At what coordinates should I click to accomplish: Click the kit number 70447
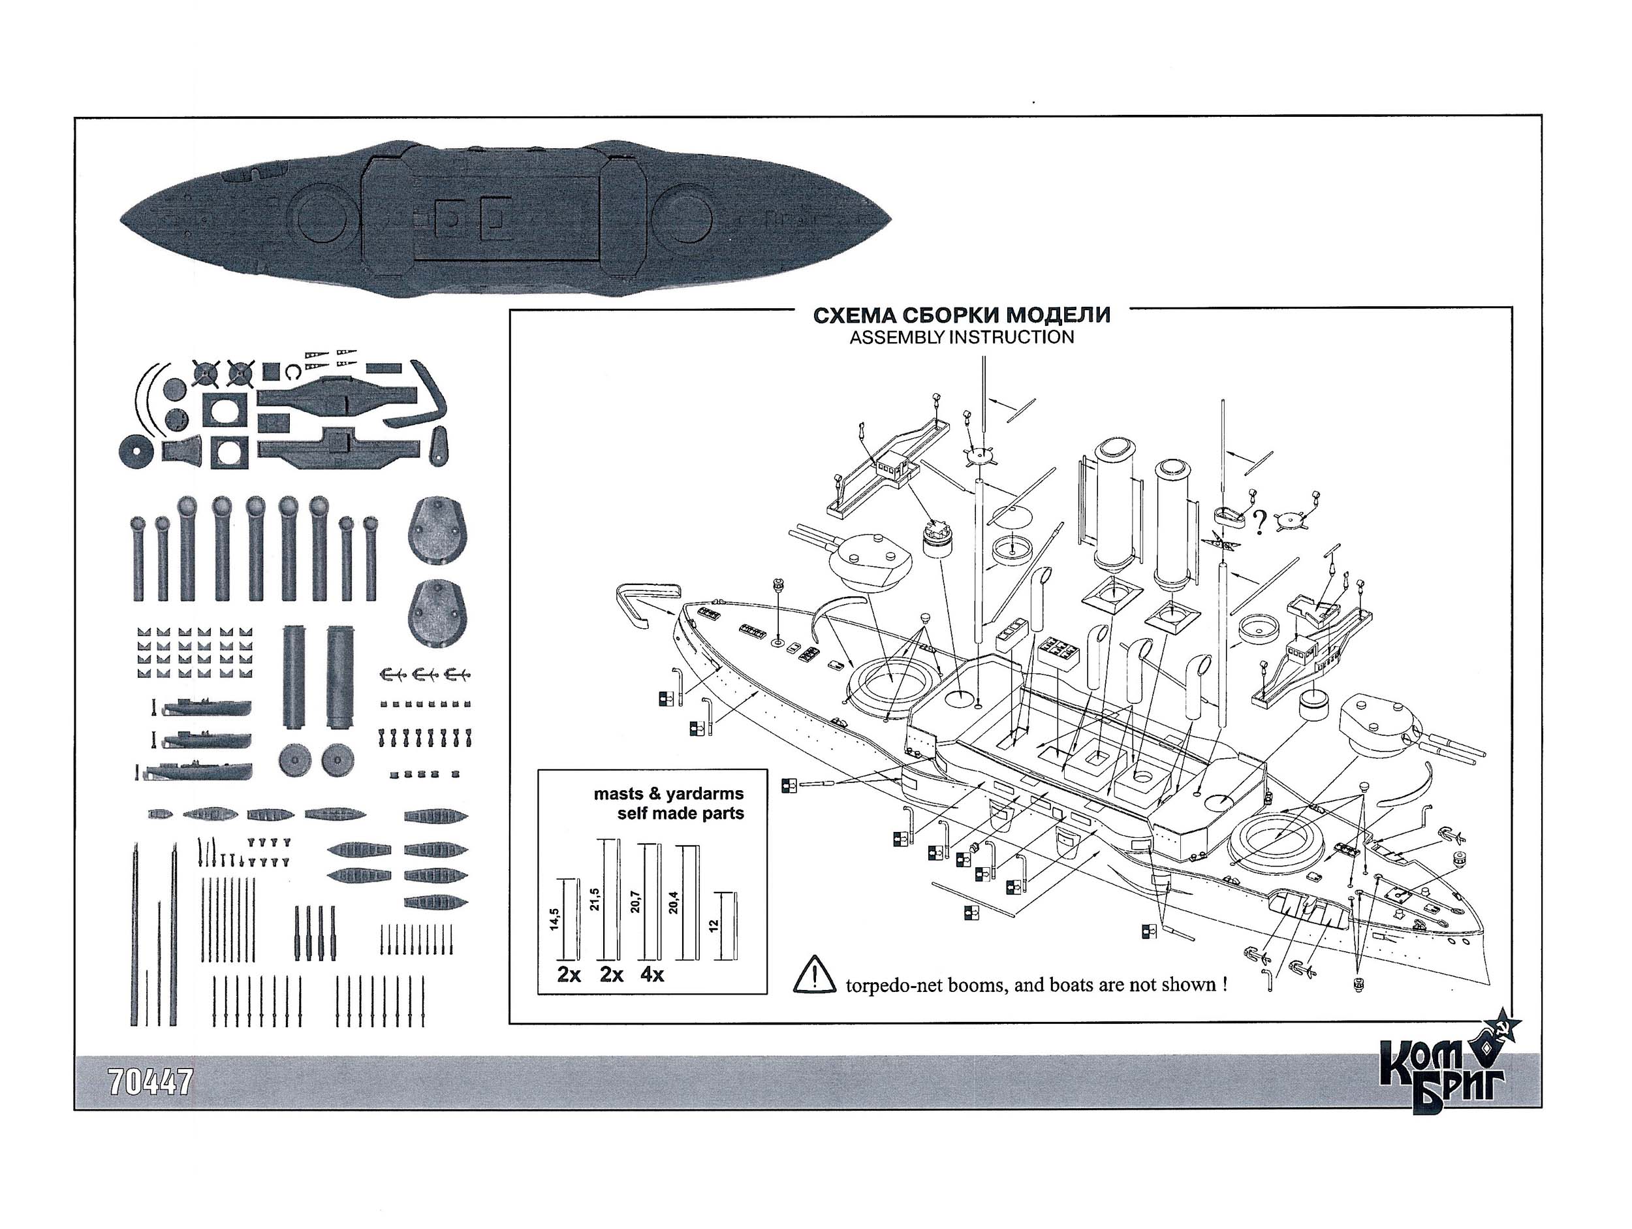(149, 1082)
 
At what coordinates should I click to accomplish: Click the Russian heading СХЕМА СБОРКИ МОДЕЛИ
(962, 316)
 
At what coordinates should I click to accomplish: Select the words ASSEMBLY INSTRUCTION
(962, 338)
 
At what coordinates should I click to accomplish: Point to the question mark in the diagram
(1259, 522)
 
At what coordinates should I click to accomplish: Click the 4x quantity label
(652, 974)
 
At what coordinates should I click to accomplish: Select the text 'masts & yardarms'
(668, 794)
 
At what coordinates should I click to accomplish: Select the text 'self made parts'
(680, 814)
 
